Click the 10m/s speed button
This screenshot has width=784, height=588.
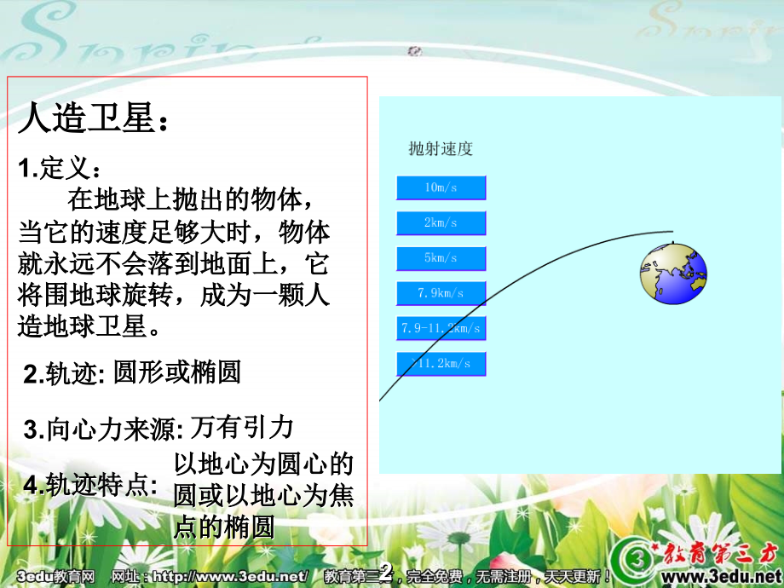point(441,187)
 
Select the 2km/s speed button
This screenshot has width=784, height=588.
point(441,223)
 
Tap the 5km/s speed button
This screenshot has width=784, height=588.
point(441,258)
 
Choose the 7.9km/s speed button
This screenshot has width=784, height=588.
point(441,293)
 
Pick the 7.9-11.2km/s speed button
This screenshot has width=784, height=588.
point(441,328)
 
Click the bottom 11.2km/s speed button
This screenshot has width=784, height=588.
point(441,364)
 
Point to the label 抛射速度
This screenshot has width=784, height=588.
point(441,149)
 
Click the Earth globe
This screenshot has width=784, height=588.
point(673,273)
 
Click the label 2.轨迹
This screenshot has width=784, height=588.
point(64,373)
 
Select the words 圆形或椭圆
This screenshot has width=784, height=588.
point(177,372)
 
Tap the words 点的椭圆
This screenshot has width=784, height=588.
point(224,527)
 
